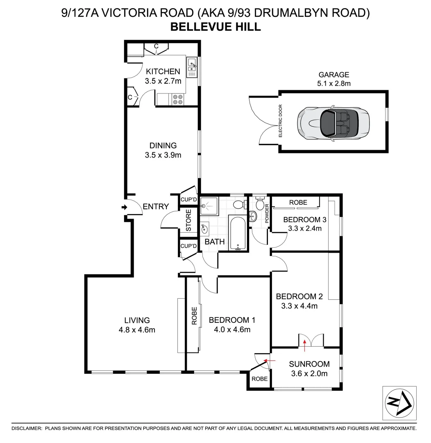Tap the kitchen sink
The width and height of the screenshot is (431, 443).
click(192, 67)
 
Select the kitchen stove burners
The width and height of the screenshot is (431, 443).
click(178, 99)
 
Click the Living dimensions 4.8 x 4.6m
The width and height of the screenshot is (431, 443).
click(137, 329)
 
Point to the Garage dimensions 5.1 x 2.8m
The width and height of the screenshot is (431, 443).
click(334, 83)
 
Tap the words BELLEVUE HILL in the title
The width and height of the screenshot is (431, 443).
click(215, 27)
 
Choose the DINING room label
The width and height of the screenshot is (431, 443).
click(163, 146)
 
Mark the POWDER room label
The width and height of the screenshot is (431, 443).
click(267, 213)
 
